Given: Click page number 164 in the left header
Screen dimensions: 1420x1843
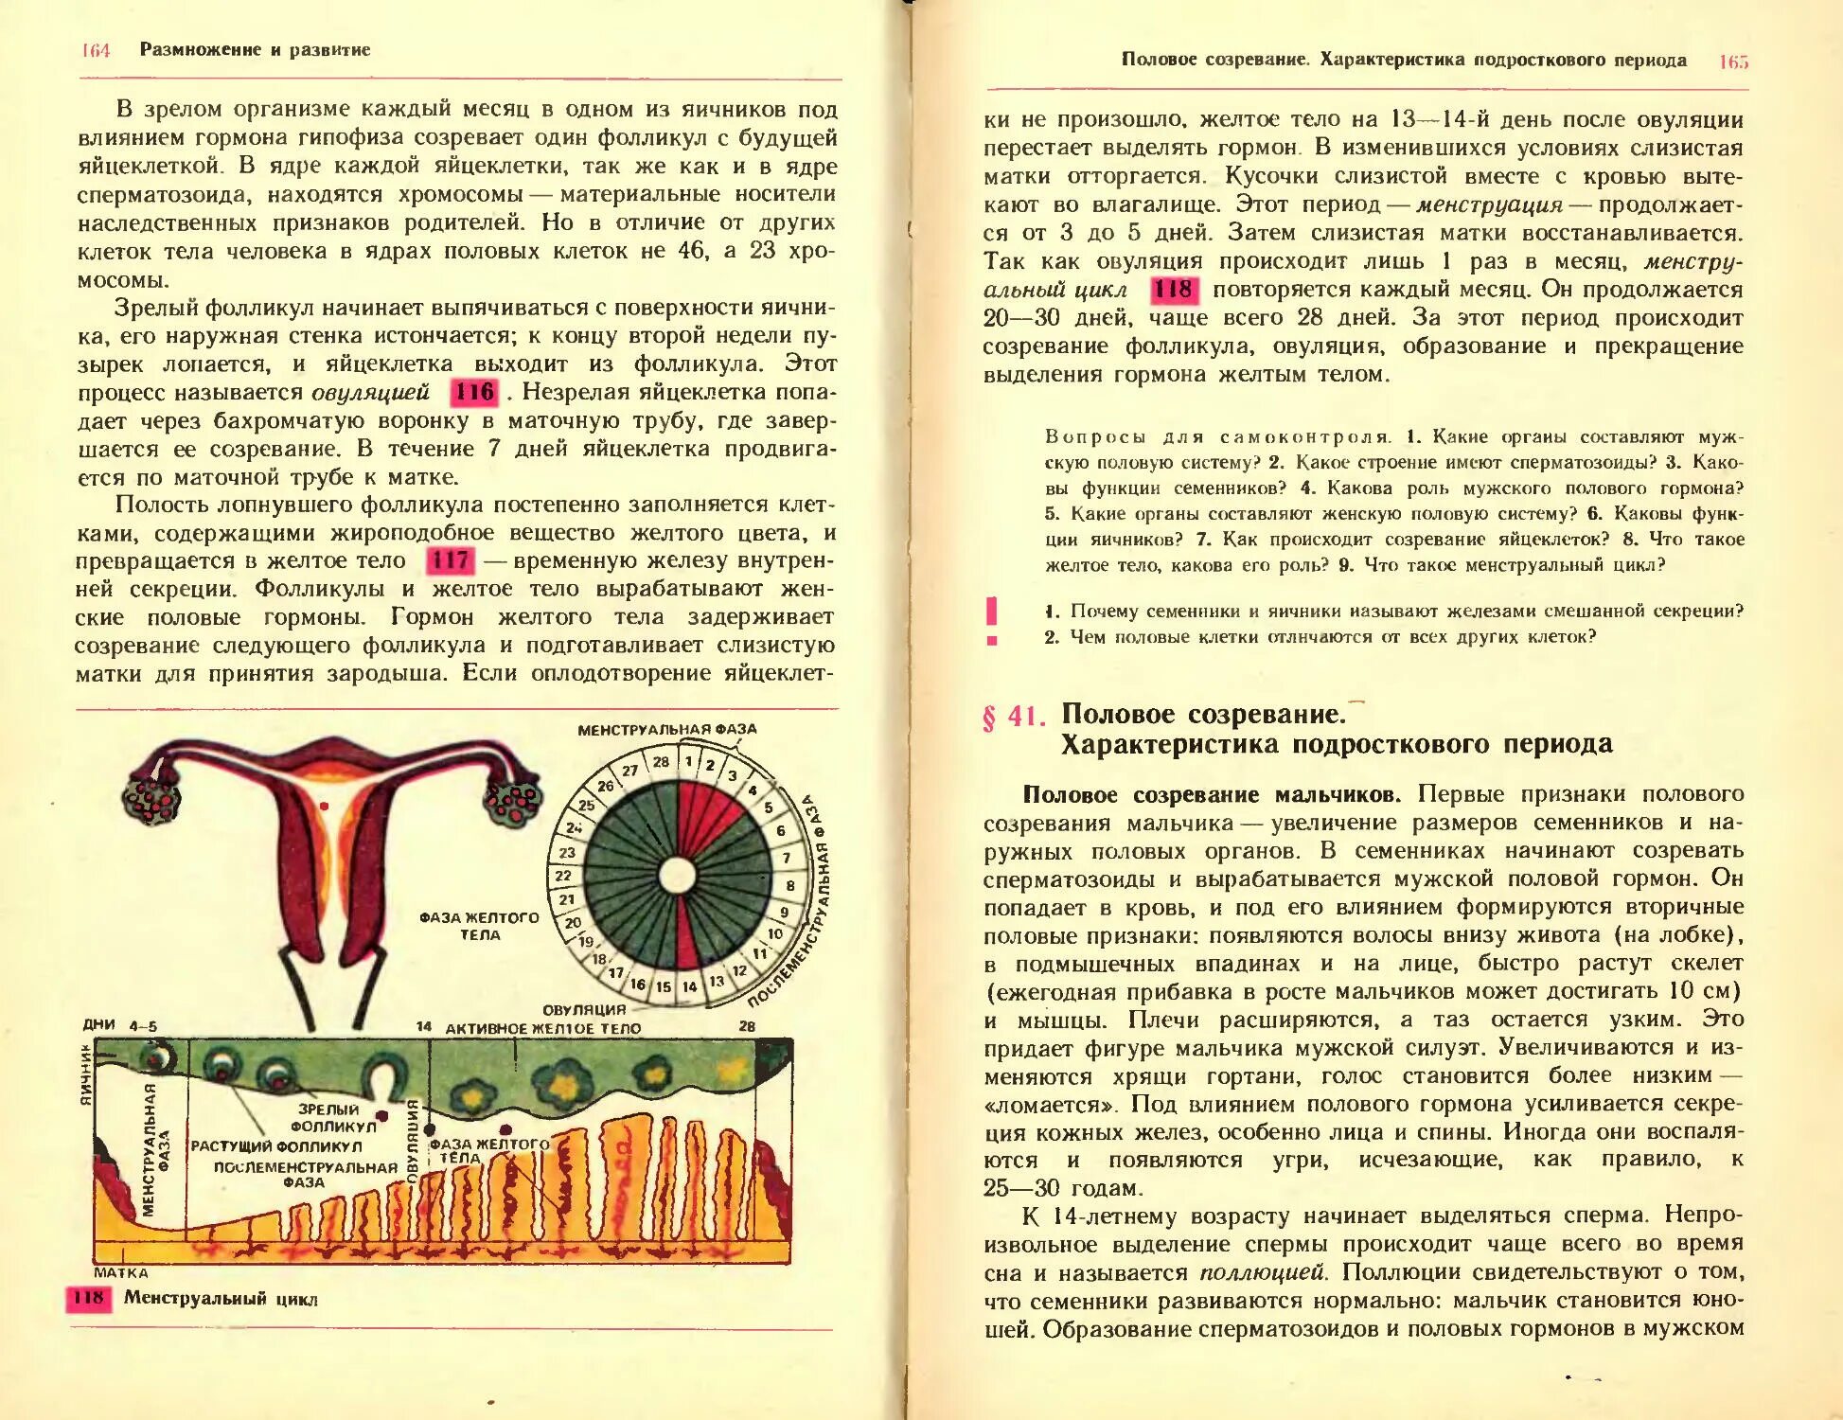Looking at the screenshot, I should (x=96, y=50).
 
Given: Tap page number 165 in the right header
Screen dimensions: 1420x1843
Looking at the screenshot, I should (x=1733, y=62).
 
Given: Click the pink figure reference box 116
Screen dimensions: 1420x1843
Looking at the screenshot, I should (x=473, y=392).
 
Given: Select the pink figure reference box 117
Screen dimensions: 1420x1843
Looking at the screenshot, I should (x=450, y=560).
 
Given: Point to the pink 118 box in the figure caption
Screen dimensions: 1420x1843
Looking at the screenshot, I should (x=88, y=1297).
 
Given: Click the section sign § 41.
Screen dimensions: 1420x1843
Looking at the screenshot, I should (x=1013, y=717).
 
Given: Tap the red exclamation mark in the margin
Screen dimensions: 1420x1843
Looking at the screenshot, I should (x=991, y=621).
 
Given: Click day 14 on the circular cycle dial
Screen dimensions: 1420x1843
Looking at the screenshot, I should (x=690, y=986).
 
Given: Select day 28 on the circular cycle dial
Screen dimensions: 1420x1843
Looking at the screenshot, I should (x=661, y=762).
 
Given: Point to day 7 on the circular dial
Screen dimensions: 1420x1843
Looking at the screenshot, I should (x=786, y=859).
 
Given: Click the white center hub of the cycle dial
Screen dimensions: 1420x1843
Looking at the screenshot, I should (x=677, y=876).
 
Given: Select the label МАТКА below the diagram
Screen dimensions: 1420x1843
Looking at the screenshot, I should (x=120, y=1273).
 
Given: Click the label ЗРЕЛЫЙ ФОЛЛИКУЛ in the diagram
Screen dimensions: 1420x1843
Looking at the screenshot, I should (x=331, y=1118).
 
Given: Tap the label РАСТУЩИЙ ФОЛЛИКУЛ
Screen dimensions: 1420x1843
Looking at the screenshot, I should (x=276, y=1146).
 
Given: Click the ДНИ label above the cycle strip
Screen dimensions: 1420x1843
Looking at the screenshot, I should (x=98, y=1024).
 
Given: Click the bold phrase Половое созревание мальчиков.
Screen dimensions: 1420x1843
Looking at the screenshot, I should (x=1205, y=795).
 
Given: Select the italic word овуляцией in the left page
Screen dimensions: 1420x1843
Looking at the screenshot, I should (x=369, y=393).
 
